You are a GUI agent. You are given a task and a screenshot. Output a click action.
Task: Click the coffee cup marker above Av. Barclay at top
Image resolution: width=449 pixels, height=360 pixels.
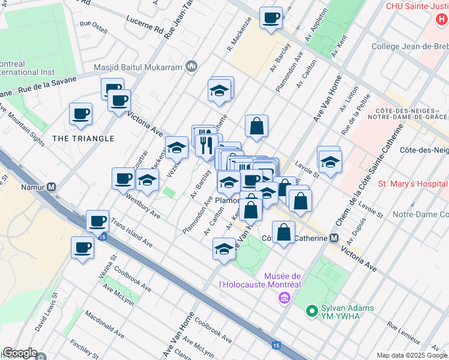point(271,17)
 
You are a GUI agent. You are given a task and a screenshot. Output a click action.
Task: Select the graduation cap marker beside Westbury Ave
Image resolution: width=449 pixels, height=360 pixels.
point(147,179)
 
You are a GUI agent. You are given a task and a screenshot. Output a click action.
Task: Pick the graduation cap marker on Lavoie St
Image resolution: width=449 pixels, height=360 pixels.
point(330,162)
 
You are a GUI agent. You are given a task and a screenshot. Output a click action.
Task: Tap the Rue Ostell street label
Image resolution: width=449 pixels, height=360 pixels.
point(93,27)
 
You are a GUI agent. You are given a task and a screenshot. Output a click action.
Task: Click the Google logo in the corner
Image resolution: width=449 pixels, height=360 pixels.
point(20,353)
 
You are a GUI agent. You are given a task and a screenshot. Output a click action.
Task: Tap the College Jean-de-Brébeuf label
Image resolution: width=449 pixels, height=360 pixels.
point(409,46)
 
